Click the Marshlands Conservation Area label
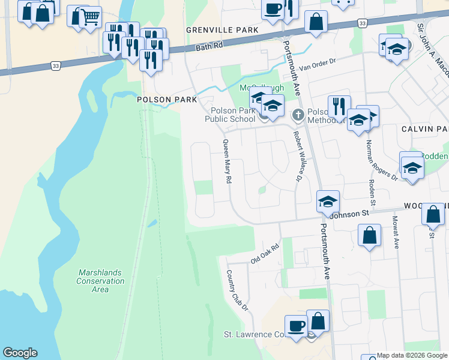100,281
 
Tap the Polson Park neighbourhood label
163,100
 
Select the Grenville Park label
222,30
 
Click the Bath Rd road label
209,47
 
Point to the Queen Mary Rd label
228,161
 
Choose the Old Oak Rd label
265,254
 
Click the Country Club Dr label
237,290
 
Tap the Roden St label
372,194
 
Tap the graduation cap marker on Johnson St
328,202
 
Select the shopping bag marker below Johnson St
370,234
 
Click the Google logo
20,353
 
